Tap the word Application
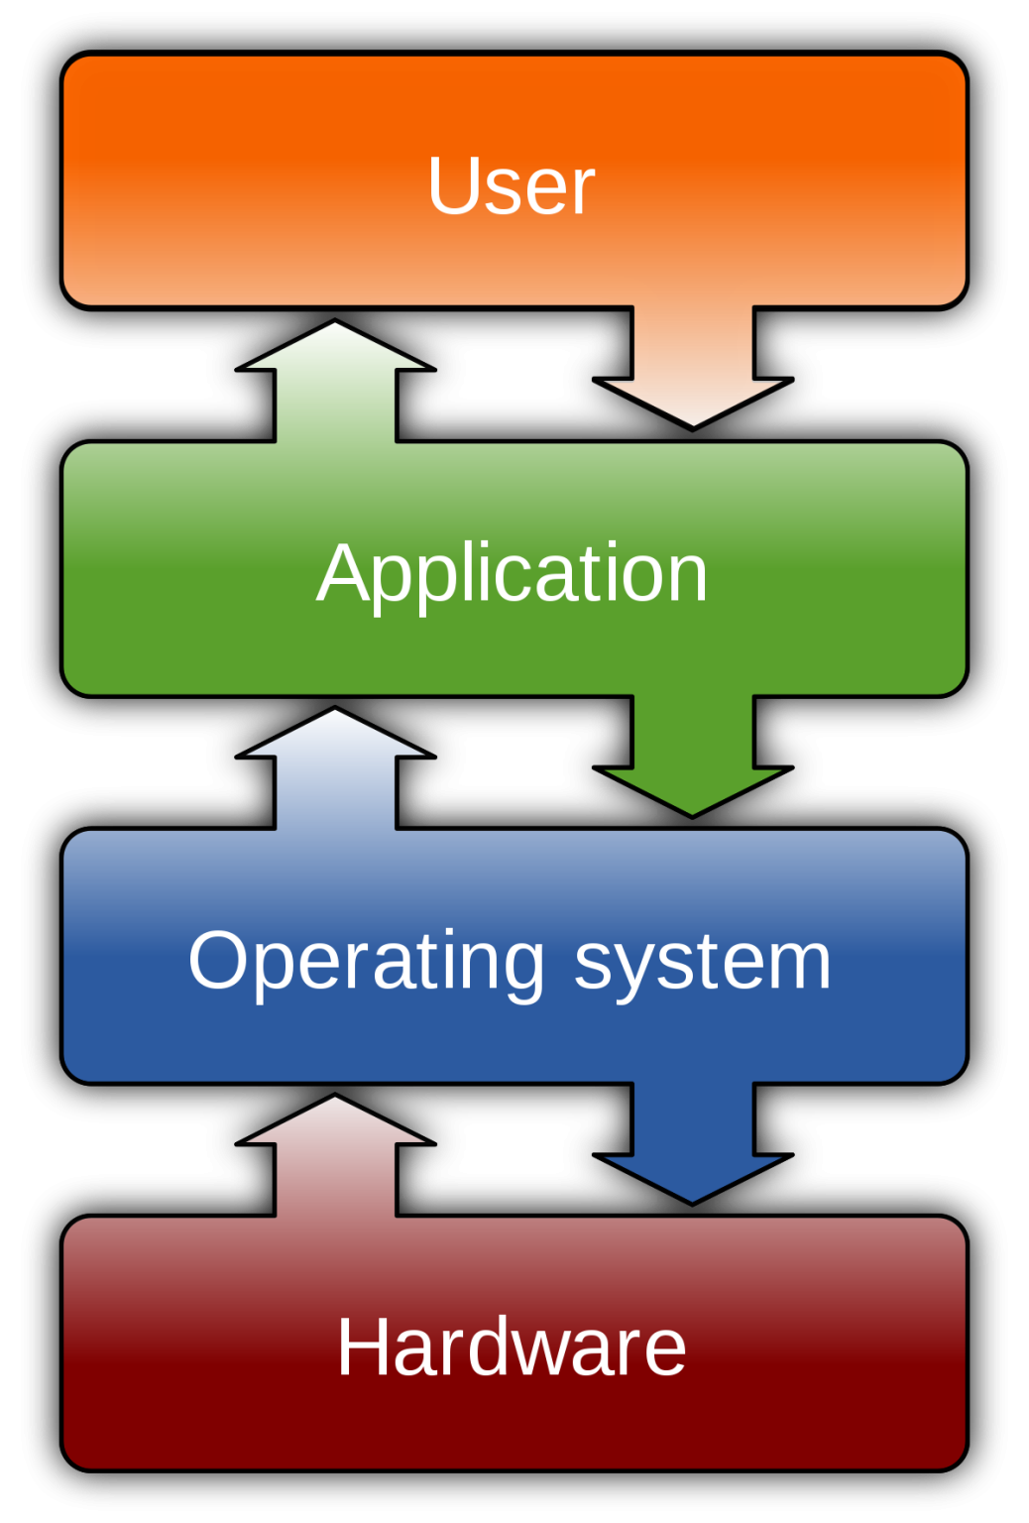[512, 574]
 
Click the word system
[702, 962]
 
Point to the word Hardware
[512, 1347]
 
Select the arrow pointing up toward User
[336, 382]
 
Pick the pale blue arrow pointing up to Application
[336, 769]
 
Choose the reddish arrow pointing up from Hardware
[336, 1156]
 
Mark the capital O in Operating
[220, 961]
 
